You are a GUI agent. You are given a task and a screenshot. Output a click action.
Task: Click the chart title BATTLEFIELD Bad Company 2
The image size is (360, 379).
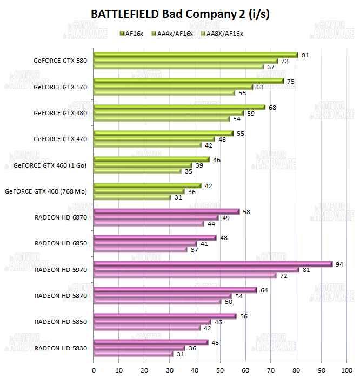(180, 14)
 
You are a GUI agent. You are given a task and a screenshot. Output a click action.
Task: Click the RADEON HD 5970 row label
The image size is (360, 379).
(57, 269)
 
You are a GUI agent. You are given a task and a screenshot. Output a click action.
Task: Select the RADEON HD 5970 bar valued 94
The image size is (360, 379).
(213, 264)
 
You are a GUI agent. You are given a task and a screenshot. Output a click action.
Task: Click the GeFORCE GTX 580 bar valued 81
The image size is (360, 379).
(196, 55)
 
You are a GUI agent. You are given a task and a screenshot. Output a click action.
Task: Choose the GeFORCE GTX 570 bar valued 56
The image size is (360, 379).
(164, 93)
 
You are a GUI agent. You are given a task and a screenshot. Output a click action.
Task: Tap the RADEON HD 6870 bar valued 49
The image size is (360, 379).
(156, 217)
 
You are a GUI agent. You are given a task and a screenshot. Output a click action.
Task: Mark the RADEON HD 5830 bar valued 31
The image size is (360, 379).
(133, 354)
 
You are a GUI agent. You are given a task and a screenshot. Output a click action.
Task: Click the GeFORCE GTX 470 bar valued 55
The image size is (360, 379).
(163, 133)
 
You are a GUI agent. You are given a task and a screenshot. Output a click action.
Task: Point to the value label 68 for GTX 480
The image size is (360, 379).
(272, 107)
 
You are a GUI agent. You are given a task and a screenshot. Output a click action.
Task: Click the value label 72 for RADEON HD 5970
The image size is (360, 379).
(283, 276)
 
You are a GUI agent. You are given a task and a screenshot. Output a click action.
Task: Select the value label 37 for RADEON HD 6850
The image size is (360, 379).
(194, 250)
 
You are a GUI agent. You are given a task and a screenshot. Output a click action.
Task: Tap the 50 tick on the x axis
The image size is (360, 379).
(220, 370)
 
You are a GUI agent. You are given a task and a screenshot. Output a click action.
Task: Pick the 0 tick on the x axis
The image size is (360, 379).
(94, 370)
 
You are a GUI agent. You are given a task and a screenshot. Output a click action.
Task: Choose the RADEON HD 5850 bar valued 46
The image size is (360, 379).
(152, 322)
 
